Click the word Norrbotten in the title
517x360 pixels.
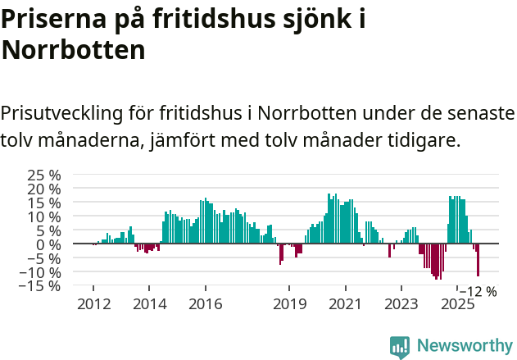(x=74, y=50)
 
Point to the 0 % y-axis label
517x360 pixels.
(x=50, y=244)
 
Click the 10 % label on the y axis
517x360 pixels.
(x=44, y=217)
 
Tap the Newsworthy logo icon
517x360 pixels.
(x=400, y=346)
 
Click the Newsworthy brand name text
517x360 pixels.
(x=464, y=346)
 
